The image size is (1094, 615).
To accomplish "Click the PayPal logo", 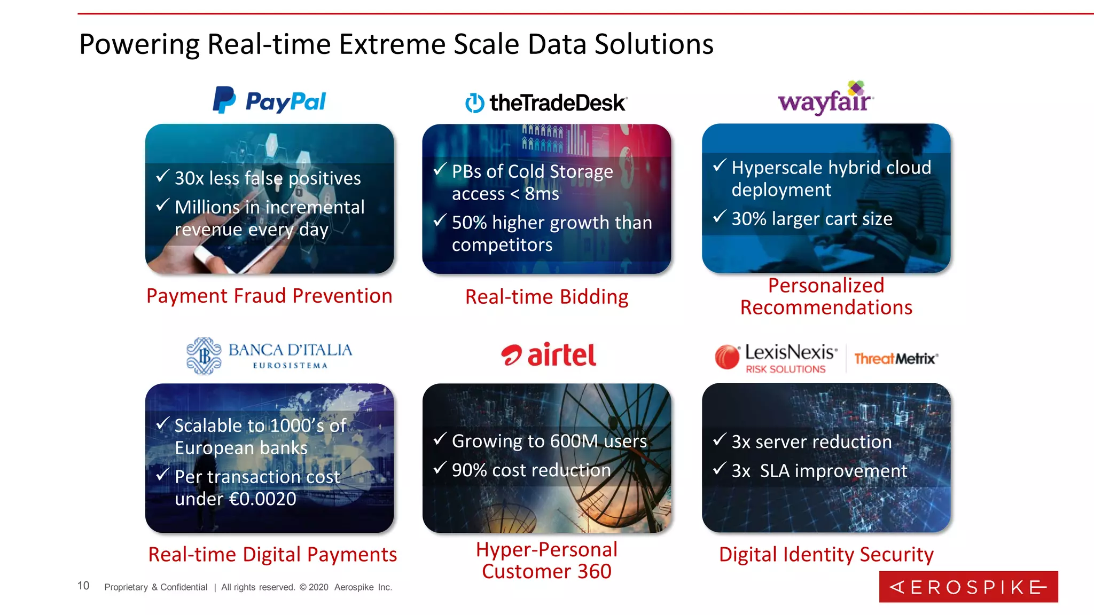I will pos(270,100).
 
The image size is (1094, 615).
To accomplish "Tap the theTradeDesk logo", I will pos(546,102).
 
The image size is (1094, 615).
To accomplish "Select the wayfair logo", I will pos(826,99).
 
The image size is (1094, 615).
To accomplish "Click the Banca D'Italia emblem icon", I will pos(204,356).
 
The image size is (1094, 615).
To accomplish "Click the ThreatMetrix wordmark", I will pos(896,359).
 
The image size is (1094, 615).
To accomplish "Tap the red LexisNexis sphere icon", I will pos(727,357).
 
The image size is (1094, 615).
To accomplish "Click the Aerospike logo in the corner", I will pos(968,587).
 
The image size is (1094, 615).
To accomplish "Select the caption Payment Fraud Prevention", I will pos(269,296).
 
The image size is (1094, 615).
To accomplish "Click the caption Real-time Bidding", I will pos(546,297).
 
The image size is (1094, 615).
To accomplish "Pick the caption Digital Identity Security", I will pos(826,554).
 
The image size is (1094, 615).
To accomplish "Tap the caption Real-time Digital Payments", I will pos(272,554).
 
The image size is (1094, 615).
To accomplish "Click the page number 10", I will pos(83,586).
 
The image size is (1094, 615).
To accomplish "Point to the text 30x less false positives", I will pos(268,178).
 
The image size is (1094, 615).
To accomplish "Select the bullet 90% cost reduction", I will pos(531,470).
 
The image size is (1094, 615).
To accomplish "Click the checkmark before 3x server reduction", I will pos(720,439).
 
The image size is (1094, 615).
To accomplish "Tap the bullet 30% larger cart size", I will pos(811,219).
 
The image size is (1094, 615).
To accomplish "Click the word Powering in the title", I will pos(139,44).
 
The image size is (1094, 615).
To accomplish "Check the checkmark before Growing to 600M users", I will pos(440,439).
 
